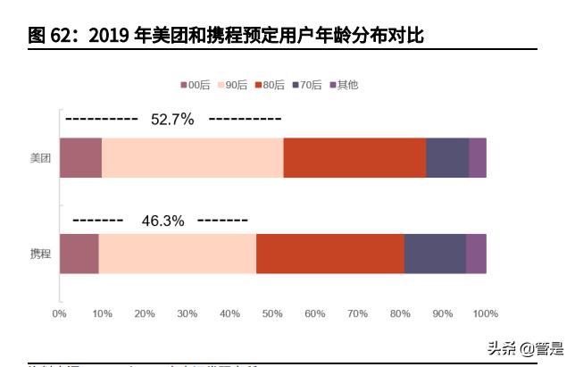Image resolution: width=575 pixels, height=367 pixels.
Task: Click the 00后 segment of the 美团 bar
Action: click(80, 158)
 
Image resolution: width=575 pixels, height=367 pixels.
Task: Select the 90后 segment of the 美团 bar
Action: click(192, 158)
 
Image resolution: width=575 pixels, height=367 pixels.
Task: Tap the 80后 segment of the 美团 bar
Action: click(354, 158)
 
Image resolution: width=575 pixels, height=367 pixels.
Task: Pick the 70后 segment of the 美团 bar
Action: click(447, 158)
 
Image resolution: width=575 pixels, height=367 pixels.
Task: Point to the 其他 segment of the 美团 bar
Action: click(478, 158)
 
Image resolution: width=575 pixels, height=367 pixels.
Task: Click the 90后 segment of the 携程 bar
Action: click(177, 254)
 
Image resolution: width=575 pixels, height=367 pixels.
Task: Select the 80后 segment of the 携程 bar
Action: click(329, 254)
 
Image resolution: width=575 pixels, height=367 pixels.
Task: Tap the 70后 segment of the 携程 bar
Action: click(435, 254)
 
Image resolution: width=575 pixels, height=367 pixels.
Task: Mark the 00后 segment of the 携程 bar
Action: click(79, 254)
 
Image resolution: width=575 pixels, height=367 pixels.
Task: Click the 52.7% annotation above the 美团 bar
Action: click(172, 120)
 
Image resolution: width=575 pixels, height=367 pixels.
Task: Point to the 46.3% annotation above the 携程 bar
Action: click(162, 221)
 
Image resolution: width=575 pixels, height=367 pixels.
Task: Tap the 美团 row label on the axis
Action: click(40, 159)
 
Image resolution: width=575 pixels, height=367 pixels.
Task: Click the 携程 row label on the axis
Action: click(40, 254)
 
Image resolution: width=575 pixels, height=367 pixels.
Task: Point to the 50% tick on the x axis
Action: click(272, 313)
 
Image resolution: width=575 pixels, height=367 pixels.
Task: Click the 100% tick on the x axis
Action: click(485, 313)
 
